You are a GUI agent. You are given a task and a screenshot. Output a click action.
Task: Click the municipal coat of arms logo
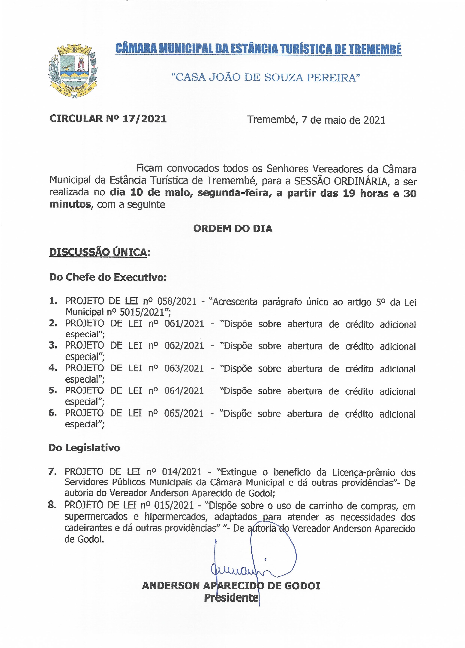tap(73, 71)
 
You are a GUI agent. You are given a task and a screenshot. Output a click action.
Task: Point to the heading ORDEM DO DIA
tap(233, 229)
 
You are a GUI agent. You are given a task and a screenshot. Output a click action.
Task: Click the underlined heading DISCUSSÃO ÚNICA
tap(99, 252)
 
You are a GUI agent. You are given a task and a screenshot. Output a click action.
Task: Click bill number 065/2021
tap(184, 413)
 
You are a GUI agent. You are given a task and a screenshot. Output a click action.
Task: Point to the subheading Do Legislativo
tap(84, 448)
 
